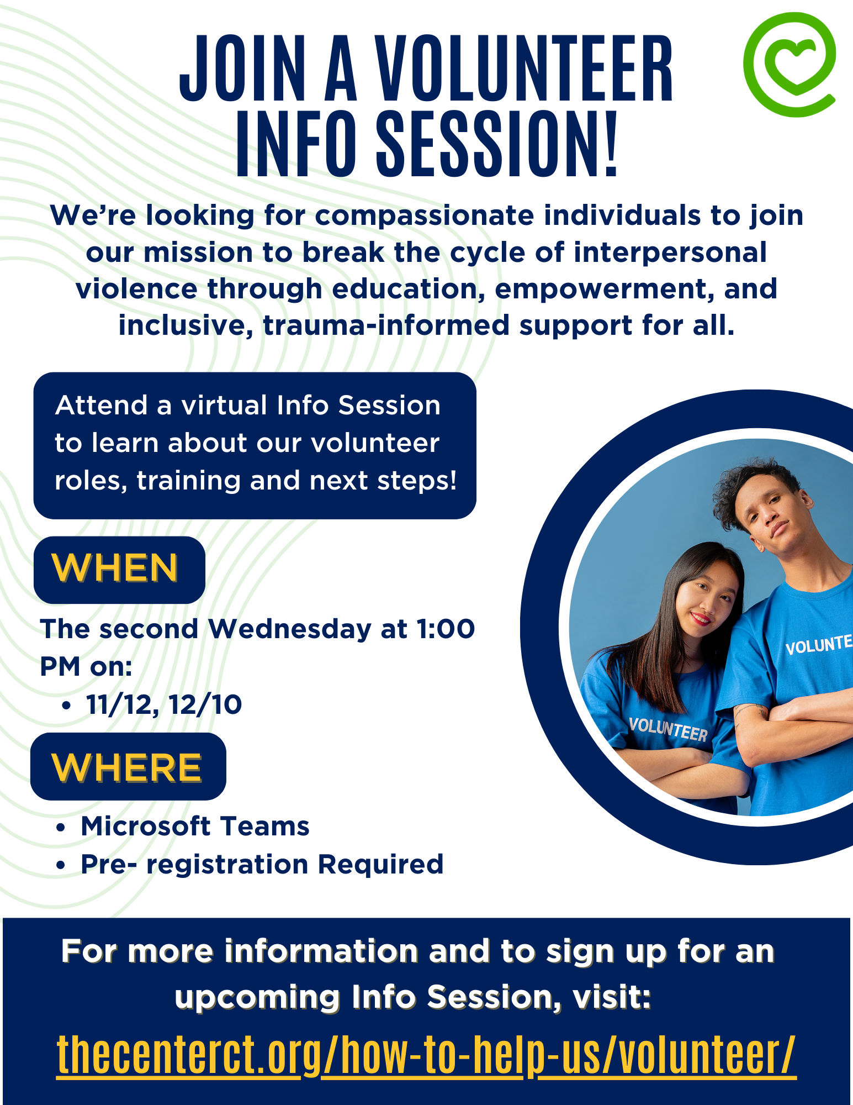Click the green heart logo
(x=790, y=65)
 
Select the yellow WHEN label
(x=115, y=568)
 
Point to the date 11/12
(x=119, y=704)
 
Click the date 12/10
(x=205, y=704)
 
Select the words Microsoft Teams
(x=195, y=826)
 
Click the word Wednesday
(x=290, y=629)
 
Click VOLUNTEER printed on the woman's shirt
(x=669, y=729)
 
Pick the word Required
(x=381, y=865)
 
